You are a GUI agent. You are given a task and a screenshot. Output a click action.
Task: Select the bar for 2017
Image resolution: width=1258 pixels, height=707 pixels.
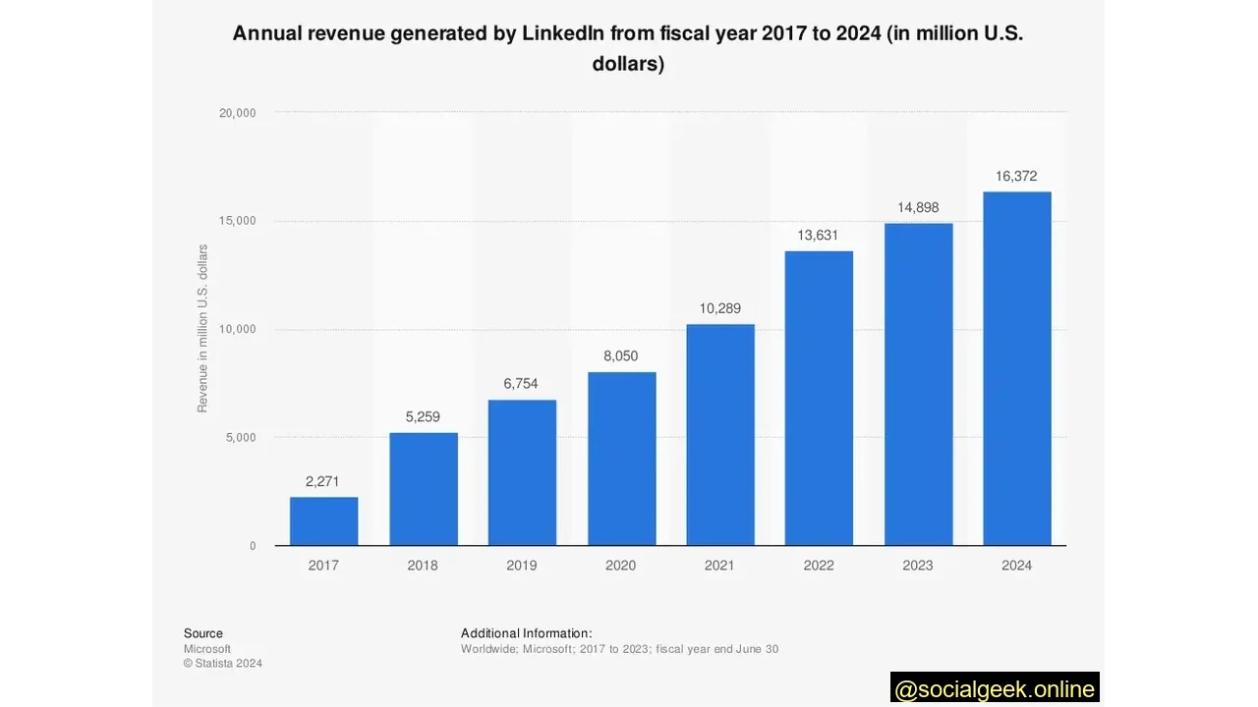pos(323,520)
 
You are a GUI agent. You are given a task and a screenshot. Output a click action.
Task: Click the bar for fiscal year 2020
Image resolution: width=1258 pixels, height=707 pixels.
pos(621,459)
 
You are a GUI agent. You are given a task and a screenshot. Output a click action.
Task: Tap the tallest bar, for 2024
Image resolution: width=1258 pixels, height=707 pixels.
pos(1016,368)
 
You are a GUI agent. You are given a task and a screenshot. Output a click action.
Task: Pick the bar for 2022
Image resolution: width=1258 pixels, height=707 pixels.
pos(819,398)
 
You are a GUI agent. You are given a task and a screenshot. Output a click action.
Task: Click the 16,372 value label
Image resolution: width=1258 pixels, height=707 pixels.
pos(1016,177)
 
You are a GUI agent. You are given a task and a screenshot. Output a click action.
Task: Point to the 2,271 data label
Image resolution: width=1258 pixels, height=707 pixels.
pos(322,481)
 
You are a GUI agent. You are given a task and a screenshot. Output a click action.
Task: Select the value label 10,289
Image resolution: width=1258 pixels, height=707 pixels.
pos(720,308)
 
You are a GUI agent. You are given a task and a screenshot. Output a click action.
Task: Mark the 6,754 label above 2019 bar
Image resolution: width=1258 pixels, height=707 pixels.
pos(521,384)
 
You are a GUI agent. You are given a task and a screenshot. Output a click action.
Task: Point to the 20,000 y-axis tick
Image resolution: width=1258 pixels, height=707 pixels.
pos(237,113)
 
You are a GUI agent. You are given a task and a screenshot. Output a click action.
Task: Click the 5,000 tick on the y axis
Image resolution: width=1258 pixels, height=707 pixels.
pos(240,437)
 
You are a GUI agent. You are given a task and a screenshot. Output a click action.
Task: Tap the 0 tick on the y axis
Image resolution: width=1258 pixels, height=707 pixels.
pos(253,546)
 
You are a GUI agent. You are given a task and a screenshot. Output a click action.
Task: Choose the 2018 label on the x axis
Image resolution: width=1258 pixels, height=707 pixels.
pos(423,566)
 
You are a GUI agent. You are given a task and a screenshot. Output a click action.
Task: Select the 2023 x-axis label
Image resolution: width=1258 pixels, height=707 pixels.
pos(918,566)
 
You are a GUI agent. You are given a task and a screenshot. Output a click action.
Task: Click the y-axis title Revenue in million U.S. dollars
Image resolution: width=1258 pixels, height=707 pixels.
pos(203,329)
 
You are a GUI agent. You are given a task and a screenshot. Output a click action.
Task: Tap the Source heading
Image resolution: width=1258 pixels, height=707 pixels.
pos(203,633)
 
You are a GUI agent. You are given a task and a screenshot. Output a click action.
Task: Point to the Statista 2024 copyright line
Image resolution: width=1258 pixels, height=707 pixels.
pos(223,663)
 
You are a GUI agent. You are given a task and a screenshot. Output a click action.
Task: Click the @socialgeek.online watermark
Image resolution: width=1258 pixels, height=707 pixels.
pos(995,688)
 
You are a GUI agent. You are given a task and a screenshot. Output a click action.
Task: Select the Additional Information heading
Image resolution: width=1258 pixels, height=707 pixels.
pos(526,633)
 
